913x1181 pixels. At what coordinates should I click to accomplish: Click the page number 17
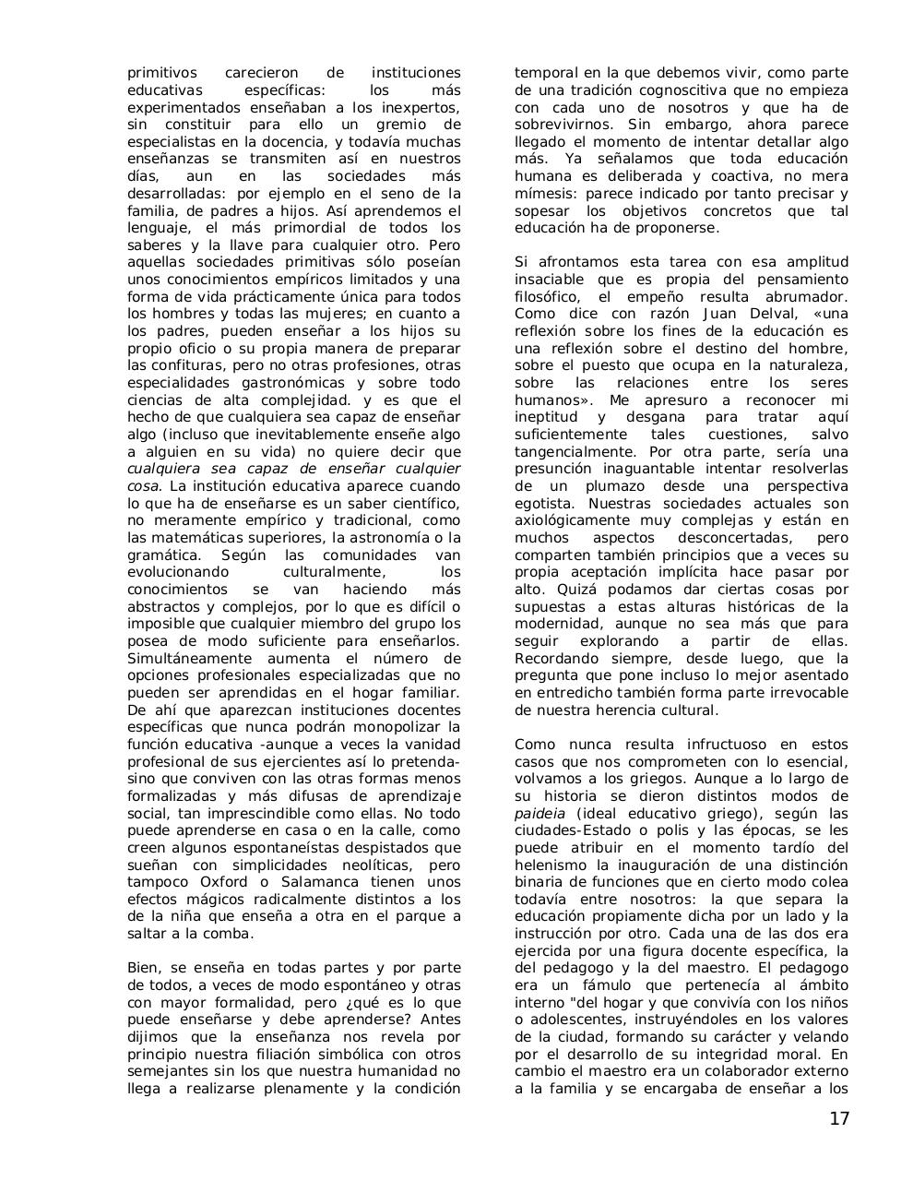pyautogui.click(x=838, y=1119)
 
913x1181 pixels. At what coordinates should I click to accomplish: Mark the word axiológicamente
pyautogui.click(x=575, y=520)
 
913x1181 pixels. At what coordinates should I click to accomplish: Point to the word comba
pyautogui.click(x=227, y=934)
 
